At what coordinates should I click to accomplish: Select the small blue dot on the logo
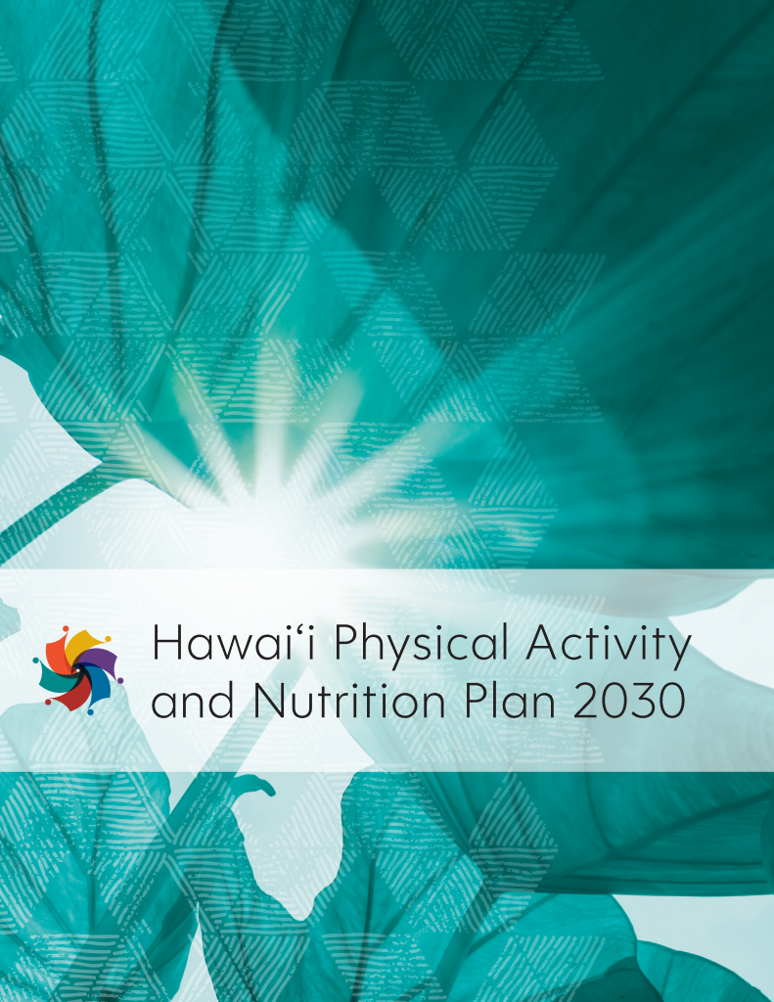click(90, 711)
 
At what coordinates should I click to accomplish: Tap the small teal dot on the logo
click(35, 660)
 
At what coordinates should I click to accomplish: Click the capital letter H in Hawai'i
click(168, 645)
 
